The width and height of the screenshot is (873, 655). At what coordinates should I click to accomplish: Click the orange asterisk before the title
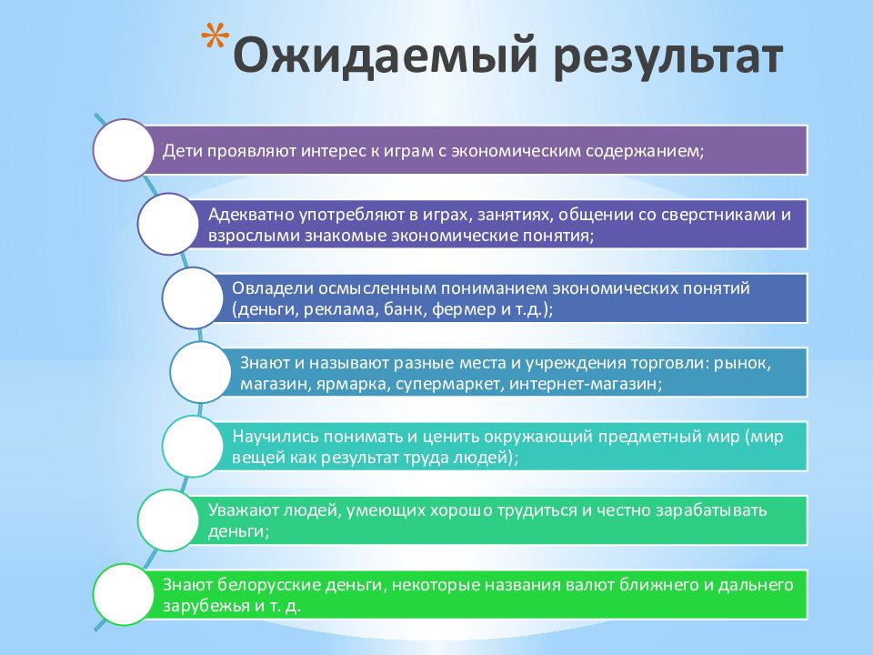coord(215,38)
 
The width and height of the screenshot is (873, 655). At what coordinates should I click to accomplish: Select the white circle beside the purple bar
coord(123,150)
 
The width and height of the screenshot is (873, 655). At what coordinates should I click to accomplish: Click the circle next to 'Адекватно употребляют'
coord(168,224)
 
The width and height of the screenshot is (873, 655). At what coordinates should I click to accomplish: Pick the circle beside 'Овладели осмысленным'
coord(193,298)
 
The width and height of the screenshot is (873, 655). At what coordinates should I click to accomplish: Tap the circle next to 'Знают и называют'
coord(200,372)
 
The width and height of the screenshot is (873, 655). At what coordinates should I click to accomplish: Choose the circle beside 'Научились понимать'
coord(193,446)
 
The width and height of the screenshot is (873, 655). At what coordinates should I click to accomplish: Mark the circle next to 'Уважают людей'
coord(168,520)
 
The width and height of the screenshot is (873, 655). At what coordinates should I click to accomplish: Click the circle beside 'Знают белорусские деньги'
coord(123,594)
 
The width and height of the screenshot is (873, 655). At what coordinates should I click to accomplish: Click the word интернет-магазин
coord(585,384)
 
